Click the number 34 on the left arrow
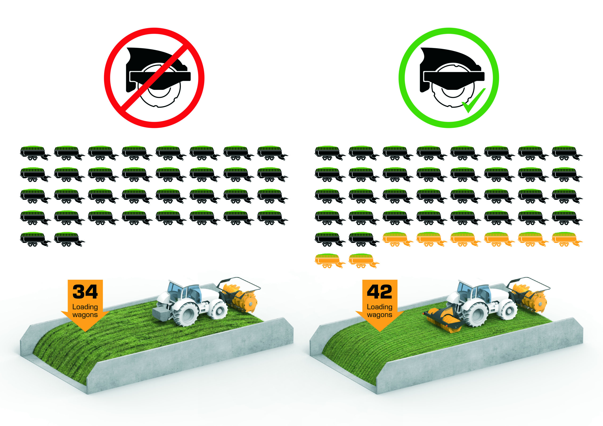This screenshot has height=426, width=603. click(85, 292)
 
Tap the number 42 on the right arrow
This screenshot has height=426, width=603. click(379, 292)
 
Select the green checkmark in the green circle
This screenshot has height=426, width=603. click(473, 101)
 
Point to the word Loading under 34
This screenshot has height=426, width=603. click(85, 307)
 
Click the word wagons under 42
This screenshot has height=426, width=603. click(379, 315)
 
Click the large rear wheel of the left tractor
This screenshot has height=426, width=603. click(186, 315)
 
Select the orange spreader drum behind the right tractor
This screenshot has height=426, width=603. click(529, 298)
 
